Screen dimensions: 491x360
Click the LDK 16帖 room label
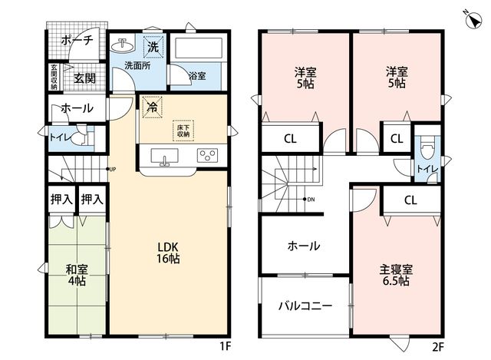168,253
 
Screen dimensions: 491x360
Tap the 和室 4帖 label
77,275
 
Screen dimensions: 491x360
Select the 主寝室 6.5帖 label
396,275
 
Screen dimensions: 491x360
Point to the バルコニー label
305,306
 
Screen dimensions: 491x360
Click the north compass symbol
473,21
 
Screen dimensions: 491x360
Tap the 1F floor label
225,346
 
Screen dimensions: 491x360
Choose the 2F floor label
438,346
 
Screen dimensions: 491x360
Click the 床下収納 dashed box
183,130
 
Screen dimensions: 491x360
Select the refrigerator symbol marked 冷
153,107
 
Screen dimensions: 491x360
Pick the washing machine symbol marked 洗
153,47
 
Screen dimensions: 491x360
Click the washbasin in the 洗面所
123,45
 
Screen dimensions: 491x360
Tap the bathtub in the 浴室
198,48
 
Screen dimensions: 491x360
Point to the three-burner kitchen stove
207,155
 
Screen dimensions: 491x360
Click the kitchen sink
165,156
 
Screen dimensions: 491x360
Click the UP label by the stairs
113,169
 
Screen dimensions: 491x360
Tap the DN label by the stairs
311,200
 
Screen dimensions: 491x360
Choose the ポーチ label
77,41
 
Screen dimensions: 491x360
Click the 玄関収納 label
54,77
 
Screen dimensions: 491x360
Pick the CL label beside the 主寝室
410,200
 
